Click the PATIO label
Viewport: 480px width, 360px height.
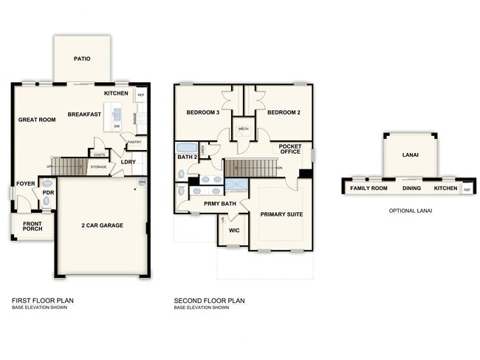[82, 58]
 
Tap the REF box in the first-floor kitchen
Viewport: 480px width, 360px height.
[140, 95]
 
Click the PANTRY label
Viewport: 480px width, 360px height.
[134, 142]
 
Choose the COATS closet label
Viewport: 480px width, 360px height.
[99, 154]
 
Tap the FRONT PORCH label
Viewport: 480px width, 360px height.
[31, 225]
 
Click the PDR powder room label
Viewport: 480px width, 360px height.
[47, 193]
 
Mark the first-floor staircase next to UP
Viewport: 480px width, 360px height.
[71, 166]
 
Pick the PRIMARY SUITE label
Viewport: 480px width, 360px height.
[282, 214]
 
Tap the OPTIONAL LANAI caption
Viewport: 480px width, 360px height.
[410, 211]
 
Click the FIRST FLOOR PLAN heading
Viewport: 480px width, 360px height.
[42, 300]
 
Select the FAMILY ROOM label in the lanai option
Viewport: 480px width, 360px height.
[368, 189]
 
